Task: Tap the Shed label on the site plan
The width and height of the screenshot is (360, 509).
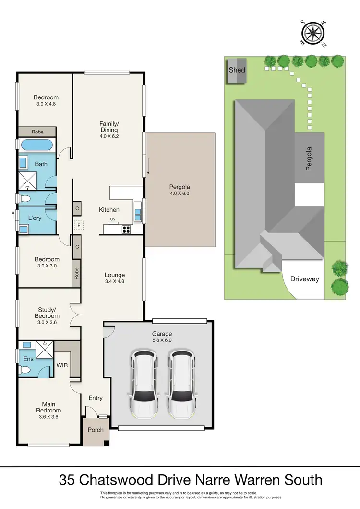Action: (x=236, y=70)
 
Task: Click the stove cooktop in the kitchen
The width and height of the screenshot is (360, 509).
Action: (x=126, y=230)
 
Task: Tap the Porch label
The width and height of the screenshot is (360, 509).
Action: (x=96, y=429)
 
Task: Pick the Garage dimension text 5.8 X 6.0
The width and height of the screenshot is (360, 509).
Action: (x=163, y=340)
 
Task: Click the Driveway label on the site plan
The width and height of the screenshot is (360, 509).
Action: (x=304, y=279)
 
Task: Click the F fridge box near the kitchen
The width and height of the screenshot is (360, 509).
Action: (x=77, y=225)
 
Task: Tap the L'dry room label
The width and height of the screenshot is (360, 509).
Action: (x=34, y=218)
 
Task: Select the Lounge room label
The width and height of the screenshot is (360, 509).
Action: (x=115, y=275)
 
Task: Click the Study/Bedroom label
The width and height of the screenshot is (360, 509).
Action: (x=47, y=313)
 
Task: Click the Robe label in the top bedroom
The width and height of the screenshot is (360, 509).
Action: (x=37, y=132)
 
